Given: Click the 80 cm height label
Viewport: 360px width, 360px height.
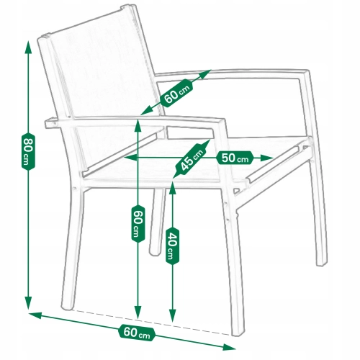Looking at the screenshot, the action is pyautogui.click(x=28, y=151).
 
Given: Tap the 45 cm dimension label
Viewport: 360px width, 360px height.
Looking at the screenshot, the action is pyautogui.click(x=192, y=160).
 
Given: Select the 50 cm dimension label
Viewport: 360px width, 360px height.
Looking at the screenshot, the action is pyautogui.click(x=235, y=158).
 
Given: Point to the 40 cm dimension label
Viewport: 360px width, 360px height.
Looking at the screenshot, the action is pyautogui.click(x=172, y=247).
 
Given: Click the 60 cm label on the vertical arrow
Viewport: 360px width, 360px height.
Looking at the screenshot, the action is pyautogui.click(x=138, y=224).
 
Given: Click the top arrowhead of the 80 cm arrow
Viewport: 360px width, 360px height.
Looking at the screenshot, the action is pyautogui.click(x=28, y=48).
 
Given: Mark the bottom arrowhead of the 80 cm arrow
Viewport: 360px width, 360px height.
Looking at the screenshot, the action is pyautogui.click(x=28, y=303).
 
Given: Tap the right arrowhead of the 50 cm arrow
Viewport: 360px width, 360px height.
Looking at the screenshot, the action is pyautogui.click(x=267, y=158).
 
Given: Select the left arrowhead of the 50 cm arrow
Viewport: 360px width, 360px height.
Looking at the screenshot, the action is pyautogui.click(x=130, y=158).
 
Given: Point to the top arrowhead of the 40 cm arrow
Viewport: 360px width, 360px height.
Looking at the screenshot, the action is pyautogui.click(x=172, y=188).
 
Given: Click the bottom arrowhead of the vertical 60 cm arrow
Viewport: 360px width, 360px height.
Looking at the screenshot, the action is pyautogui.click(x=138, y=312).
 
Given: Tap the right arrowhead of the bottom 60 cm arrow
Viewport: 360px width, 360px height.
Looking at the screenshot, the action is pyautogui.click(x=229, y=347).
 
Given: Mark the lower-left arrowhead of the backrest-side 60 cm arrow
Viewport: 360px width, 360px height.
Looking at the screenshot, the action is pyautogui.click(x=146, y=112).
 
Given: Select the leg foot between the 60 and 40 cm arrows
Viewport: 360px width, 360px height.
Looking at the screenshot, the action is pyautogui.click(x=155, y=252).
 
